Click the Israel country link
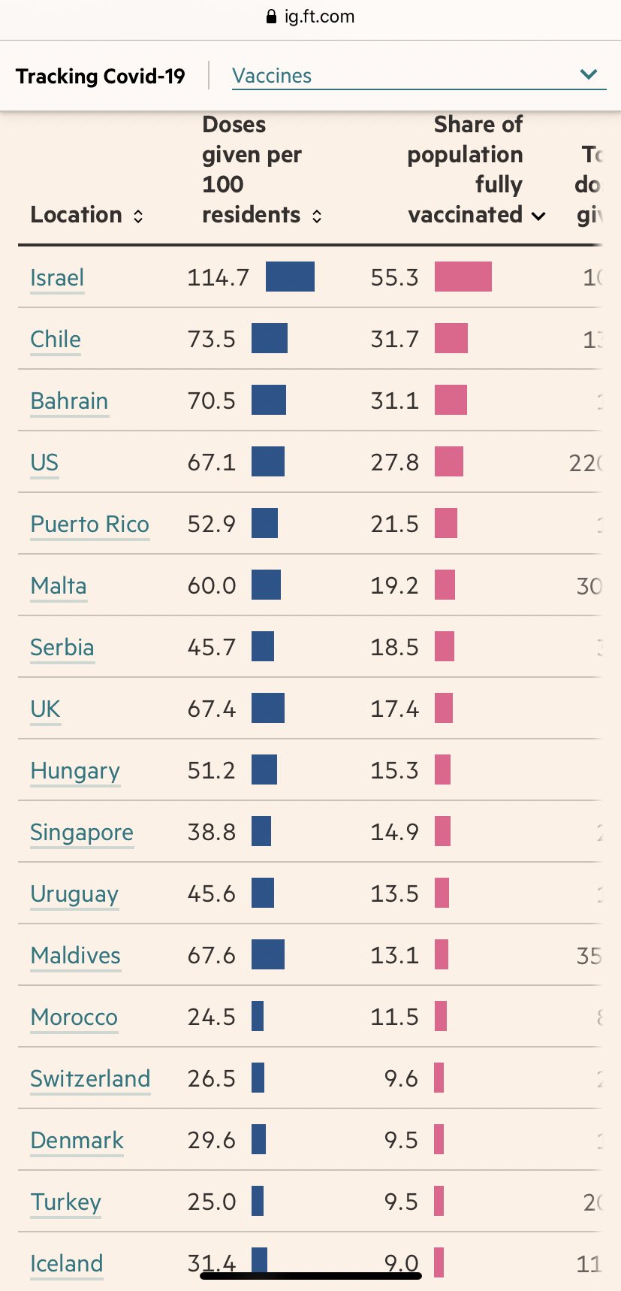(x=57, y=278)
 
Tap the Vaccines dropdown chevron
(x=589, y=74)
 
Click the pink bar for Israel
(x=463, y=277)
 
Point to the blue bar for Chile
(x=269, y=338)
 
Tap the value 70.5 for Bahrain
(x=211, y=401)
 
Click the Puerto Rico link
(x=89, y=524)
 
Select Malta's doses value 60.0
(x=211, y=585)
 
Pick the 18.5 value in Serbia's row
(x=394, y=647)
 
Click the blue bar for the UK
(x=267, y=708)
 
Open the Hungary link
(x=75, y=771)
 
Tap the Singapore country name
(x=82, y=833)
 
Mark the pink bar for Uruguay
(x=442, y=893)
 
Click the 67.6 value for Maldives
(x=211, y=955)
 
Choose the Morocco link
(x=74, y=1017)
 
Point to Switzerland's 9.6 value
(x=401, y=1078)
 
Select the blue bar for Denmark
(x=258, y=1139)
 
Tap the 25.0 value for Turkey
(x=211, y=1202)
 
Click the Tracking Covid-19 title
(x=101, y=76)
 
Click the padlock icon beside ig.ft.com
(x=272, y=17)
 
